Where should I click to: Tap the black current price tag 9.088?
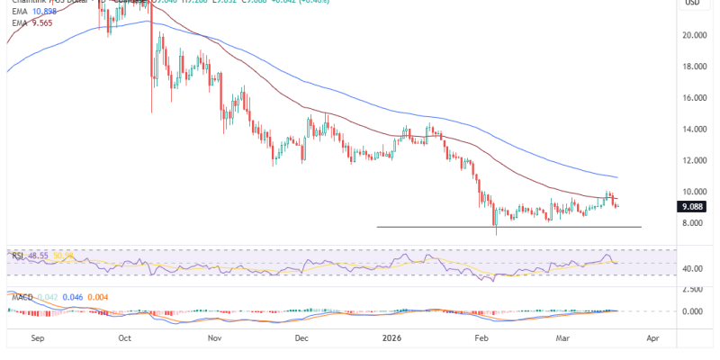coord(691,206)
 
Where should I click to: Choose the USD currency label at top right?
coord(693,4)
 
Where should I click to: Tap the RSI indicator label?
coord(17,256)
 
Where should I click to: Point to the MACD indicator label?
coord(22,296)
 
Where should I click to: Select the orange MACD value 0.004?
coord(101,296)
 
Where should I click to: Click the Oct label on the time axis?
coord(125,340)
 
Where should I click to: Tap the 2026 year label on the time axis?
coord(391,340)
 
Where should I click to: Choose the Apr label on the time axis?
coord(653,340)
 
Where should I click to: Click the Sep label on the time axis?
coord(37,340)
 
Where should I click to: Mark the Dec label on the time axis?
coord(301,340)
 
